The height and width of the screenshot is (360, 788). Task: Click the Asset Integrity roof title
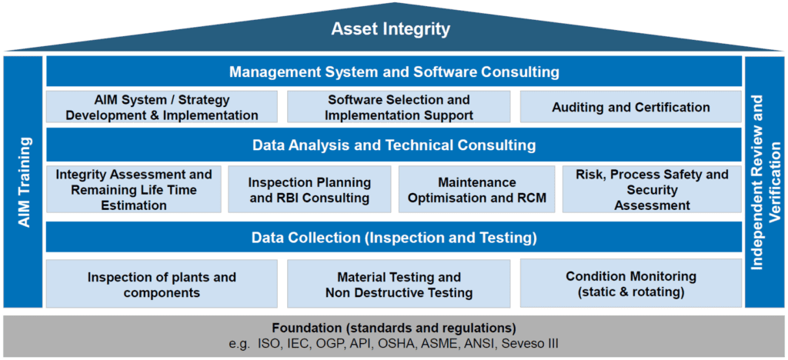pos(390,29)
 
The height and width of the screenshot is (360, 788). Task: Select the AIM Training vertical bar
pos(23,182)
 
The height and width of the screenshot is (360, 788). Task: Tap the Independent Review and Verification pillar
pos(764,182)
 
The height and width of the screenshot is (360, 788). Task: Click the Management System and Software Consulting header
pos(394,72)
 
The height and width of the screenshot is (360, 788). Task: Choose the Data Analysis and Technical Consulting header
pos(394,145)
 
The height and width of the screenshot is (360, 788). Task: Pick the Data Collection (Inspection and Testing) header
pos(394,237)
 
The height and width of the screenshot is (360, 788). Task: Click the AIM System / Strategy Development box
pos(162,107)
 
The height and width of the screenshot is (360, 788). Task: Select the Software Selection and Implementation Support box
pos(399,107)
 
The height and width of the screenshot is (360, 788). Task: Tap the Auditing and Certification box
pos(631,107)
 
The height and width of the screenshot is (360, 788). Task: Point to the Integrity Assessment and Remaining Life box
pos(134,189)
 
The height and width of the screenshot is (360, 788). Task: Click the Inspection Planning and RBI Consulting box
pos(309,189)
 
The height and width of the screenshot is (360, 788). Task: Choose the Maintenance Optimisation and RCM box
pos(477,189)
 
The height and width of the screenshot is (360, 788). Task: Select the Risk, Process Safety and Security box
pos(653,189)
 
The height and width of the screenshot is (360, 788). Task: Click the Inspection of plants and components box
pos(162,283)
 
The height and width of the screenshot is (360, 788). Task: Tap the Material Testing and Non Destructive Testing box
pos(399,283)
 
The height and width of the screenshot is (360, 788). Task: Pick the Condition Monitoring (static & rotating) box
pos(631,283)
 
